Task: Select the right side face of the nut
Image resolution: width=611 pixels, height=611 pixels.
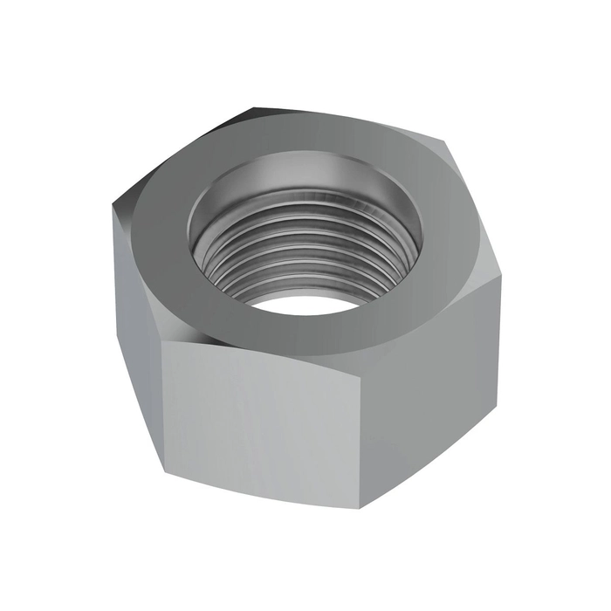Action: point(436,384)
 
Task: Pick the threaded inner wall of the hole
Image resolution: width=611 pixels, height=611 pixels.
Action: point(262,253)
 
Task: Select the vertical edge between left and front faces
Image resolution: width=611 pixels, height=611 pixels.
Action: point(163,402)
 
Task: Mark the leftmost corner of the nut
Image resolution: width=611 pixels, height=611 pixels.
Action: point(113,209)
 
